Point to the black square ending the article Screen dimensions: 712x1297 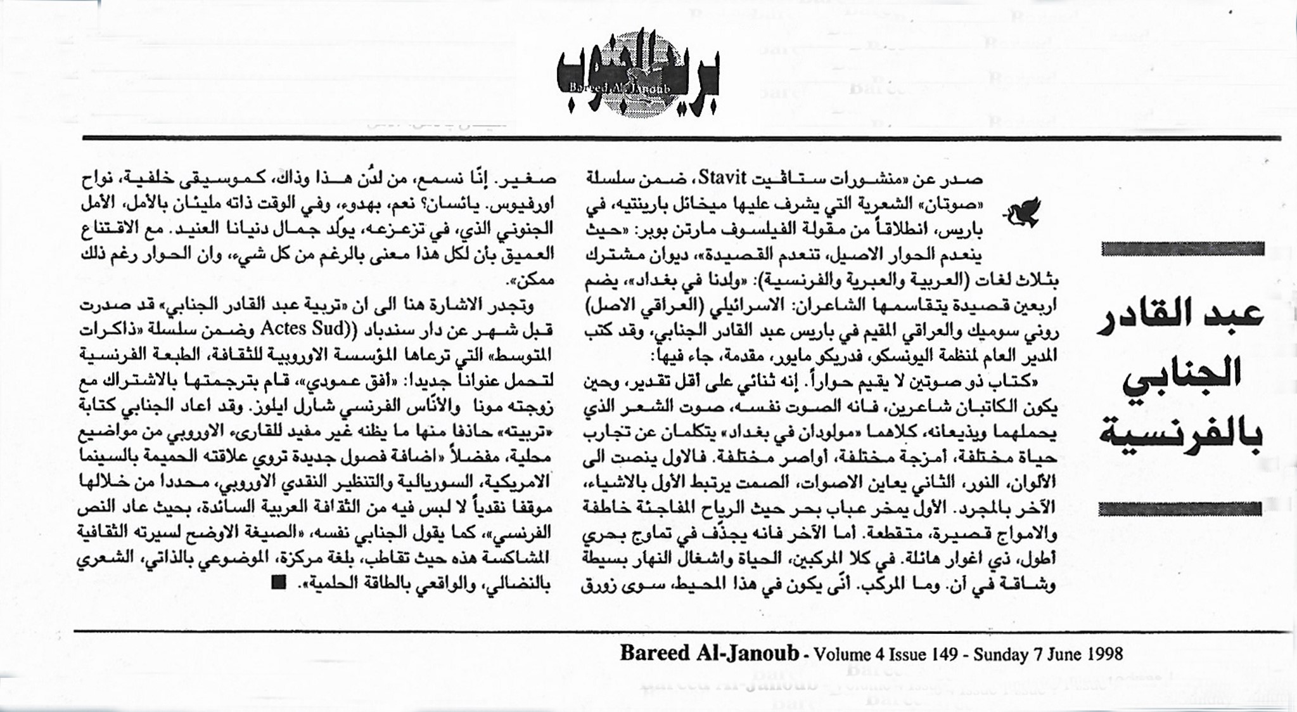(278, 582)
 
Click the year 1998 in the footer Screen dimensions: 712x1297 (1104, 654)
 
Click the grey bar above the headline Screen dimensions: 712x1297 (1183, 249)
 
